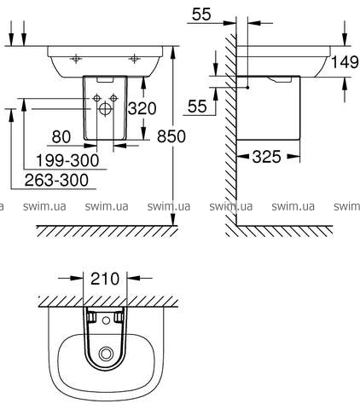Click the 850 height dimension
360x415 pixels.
click(x=171, y=136)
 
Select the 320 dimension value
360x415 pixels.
click(x=142, y=108)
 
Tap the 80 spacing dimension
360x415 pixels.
click(x=61, y=136)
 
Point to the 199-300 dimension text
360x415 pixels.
click(x=67, y=160)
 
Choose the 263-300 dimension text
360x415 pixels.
click(x=56, y=180)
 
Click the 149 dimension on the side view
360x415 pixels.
click(x=345, y=62)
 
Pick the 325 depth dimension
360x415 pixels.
click(x=266, y=157)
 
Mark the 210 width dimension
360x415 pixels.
click(x=105, y=279)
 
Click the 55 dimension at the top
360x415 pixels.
click(x=201, y=14)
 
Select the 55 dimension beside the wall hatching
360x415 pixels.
click(x=197, y=107)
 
